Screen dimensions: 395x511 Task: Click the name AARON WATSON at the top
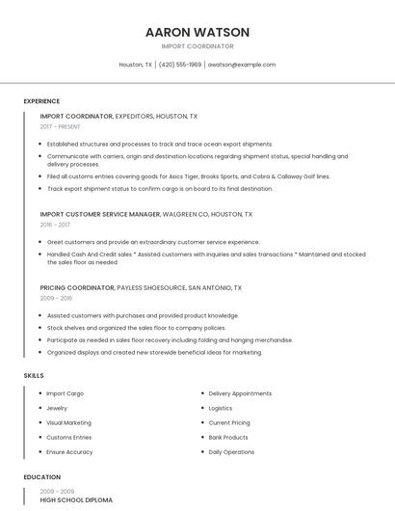(x=197, y=32)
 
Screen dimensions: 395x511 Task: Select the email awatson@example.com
(x=242, y=65)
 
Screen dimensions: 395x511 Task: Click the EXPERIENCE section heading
(x=41, y=101)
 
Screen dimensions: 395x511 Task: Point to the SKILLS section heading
(x=34, y=375)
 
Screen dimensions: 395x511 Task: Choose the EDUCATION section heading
(x=42, y=477)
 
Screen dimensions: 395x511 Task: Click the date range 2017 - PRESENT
(x=61, y=127)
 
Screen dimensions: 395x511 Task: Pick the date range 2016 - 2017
(x=55, y=225)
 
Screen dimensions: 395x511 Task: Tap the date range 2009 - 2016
(x=55, y=299)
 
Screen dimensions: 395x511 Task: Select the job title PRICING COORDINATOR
(x=76, y=287)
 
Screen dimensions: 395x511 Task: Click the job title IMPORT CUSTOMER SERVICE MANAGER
(x=100, y=214)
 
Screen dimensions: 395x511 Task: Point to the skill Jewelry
(x=57, y=408)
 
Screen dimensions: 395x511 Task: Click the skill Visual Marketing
(x=68, y=422)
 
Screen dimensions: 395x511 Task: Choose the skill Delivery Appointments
(x=240, y=393)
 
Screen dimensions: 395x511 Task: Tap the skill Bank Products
(x=228, y=437)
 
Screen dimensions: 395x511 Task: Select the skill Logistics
(x=221, y=408)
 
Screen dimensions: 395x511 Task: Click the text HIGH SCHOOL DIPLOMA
(x=76, y=500)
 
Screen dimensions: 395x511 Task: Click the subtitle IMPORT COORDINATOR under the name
(x=197, y=46)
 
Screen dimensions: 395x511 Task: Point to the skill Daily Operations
(x=231, y=451)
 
